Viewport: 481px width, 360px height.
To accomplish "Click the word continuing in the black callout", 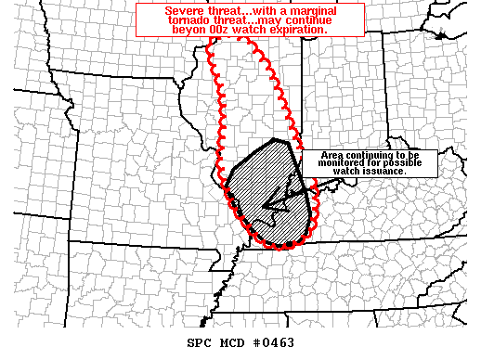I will point(371,155).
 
